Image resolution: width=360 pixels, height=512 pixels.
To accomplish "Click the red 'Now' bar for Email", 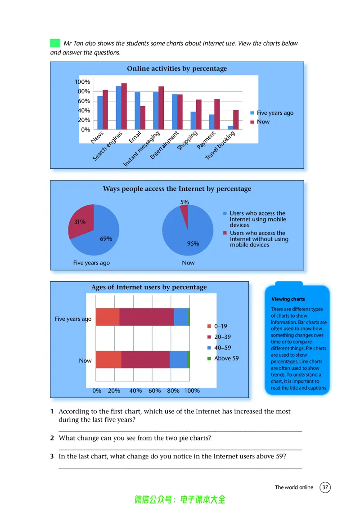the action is pos(143,117).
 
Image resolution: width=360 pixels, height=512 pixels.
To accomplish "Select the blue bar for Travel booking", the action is pos(230,128).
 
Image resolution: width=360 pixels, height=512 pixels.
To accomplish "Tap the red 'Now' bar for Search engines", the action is pos(124,107).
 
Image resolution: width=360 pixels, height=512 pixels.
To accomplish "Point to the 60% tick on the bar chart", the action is pos(84,101).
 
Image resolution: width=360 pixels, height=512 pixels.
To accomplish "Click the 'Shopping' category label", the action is pos(187,140).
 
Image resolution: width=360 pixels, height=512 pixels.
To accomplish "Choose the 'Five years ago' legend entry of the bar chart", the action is pos(272,112).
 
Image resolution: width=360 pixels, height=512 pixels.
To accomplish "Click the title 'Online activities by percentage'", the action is pos(177,68).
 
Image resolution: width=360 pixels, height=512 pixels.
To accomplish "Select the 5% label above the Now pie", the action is pos(184,202).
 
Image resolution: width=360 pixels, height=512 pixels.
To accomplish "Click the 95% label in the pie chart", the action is pos(193,243).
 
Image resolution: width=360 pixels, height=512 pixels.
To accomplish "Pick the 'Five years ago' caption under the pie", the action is pos(91,263).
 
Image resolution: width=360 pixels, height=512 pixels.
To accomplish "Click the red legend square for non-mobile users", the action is pos(225,233).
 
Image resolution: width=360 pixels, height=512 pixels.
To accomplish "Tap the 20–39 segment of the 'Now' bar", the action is pos(145,359).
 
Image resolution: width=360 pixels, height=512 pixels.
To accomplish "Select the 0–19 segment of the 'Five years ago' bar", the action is pos(108,317).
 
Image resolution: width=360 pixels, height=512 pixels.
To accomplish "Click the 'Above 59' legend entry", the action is pos(223,358).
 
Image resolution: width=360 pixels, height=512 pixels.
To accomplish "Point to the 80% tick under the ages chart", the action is pos(173,391).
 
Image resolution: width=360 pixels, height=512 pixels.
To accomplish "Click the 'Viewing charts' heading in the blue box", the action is pos(288,299).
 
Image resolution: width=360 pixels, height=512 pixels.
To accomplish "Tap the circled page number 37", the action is pos(325,487).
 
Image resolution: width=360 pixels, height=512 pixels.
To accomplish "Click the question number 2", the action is pos(52,438).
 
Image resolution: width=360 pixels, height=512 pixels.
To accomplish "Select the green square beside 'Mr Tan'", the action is pos(55,43).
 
